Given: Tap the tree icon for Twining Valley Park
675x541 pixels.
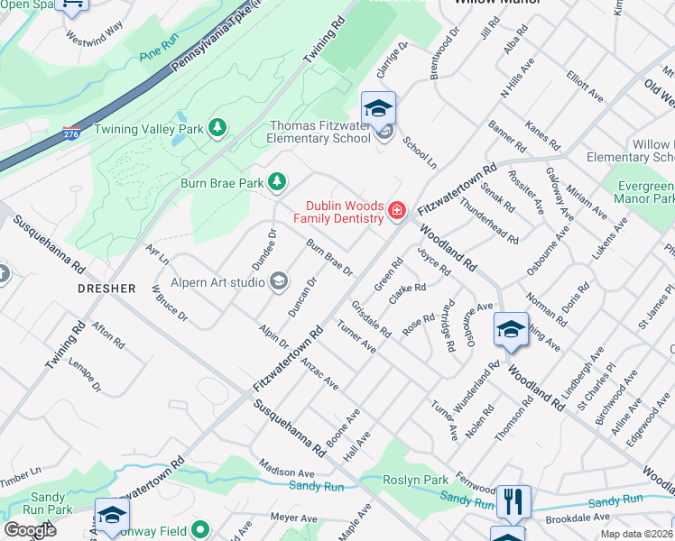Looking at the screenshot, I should pos(217,129).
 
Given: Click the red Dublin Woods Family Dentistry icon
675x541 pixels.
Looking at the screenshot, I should pos(395,211).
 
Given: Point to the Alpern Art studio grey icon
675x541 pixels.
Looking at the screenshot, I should pos(279,282).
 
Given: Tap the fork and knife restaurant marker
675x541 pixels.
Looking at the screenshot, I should pos(513,501).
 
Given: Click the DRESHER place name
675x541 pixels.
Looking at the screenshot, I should pos(106,289).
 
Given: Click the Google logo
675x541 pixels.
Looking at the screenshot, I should pos(31,530).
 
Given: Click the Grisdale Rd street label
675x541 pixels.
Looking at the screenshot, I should pos(371,319).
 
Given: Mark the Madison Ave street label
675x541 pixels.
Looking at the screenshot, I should pos(286,472).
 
